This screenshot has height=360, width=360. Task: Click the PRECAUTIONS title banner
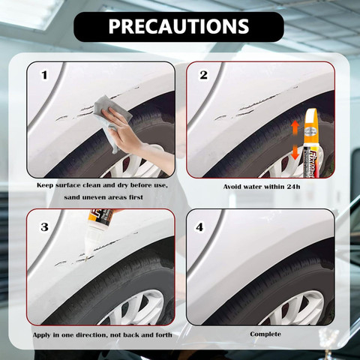[x=178, y=27]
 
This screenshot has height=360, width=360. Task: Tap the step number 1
[x=44, y=75]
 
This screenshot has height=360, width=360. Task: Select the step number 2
[x=203, y=75]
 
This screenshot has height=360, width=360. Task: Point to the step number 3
[x=44, y=227]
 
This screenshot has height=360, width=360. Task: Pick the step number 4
[x=199, y=227]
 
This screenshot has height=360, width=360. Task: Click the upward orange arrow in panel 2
[x=295, y=127]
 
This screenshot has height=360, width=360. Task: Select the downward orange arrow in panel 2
[x=295, y=153]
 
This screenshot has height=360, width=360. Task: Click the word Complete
[x=265, y=334]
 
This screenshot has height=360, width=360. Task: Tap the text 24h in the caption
[x=293, y=187]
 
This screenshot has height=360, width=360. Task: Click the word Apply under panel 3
[x=42, y=335]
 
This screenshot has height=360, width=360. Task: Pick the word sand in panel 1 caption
[x=71, y=197]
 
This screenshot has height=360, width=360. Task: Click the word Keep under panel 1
[x=45, y=186]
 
